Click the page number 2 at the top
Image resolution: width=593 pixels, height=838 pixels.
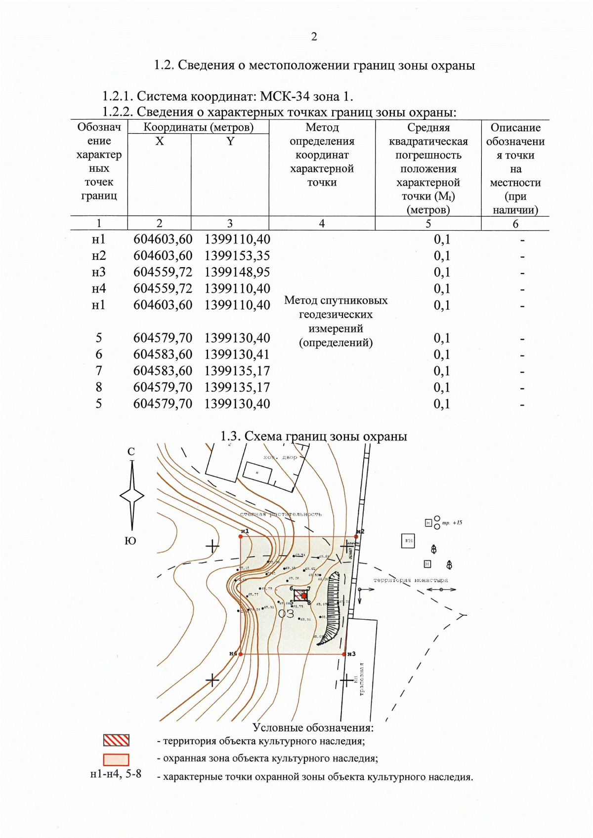(314, 37)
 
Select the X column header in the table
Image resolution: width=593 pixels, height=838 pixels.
(159, 142)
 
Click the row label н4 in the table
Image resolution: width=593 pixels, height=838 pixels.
(99, 288)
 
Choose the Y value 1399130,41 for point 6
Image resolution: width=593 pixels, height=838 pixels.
(237, 355)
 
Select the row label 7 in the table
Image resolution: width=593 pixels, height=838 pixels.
(99, 371)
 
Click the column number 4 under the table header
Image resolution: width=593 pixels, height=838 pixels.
(322, 224)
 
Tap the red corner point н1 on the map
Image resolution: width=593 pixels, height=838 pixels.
(241, 537)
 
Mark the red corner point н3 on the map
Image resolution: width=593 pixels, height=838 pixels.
(344, 654)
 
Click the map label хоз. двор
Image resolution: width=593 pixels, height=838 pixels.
(280, 458)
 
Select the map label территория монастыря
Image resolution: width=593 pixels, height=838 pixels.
(411, 580)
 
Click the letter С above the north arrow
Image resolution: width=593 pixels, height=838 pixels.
(131, 451)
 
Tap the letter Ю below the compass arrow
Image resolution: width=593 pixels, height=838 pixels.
(130, 541)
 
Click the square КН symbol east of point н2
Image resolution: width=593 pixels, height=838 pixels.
(408, 541)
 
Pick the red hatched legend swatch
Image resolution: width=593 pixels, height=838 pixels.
(116, 740)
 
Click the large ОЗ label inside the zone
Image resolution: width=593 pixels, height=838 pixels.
(286, 614)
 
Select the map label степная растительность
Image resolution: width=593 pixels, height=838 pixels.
(281, 515)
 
